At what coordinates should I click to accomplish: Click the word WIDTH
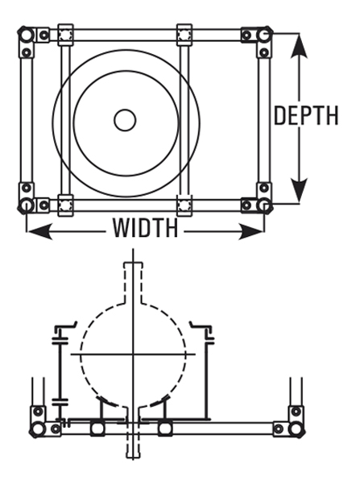coord(145,228)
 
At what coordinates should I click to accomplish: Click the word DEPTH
coord(306,116)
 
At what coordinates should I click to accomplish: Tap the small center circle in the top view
coord(125,120)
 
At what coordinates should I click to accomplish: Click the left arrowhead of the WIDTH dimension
coord(39,231)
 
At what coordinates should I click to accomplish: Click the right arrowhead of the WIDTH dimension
coord(251,231)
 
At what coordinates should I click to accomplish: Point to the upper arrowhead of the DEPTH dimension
coord(299,46)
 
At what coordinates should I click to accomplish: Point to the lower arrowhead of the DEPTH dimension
coord(299,190)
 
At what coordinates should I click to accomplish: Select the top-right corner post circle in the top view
coord(264,35)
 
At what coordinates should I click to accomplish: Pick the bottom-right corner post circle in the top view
coord(264,205)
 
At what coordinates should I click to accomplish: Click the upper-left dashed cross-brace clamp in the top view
coord(65,34)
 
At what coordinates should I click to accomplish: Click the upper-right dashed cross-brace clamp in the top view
coord(184,34)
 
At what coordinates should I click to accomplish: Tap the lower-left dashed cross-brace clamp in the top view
coord(65,205)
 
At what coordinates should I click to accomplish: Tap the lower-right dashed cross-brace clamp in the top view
coord(184,205)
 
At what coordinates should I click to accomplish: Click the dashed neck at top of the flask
coord(133,282)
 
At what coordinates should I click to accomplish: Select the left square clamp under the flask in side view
coord(97,429)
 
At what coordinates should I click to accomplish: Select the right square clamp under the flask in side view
coord(165,429)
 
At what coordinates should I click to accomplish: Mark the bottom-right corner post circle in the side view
coord(296,429)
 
